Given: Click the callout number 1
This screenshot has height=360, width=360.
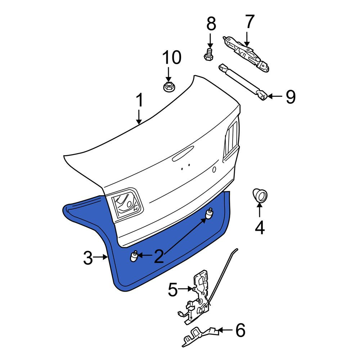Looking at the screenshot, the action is [139, 100].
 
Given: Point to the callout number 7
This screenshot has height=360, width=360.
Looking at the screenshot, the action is [250, 22].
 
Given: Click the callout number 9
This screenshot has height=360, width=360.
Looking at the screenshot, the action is [291, 97].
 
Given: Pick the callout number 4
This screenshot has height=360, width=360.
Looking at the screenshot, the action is [260, 227].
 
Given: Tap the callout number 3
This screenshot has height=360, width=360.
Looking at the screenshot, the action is [88, 258].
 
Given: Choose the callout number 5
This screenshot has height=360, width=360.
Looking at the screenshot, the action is [173, 289].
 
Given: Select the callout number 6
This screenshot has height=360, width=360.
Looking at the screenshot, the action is [240, 330].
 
